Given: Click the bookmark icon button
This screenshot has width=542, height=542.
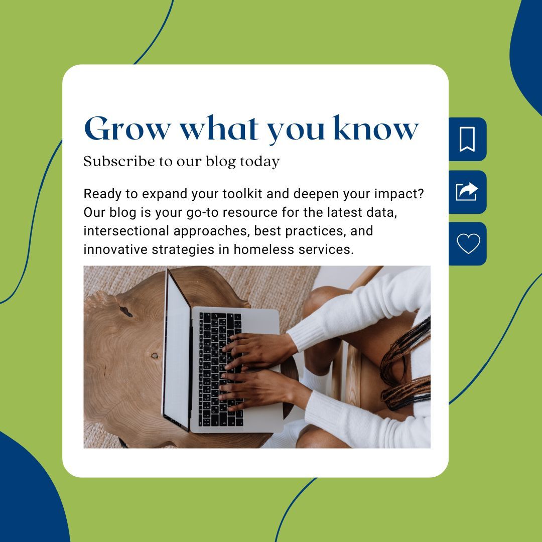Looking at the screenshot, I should (x=467, y=139).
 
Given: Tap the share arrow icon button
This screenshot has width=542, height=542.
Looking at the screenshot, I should (x=467, y=192).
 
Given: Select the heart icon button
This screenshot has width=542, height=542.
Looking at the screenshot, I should (x=468, y=244).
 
